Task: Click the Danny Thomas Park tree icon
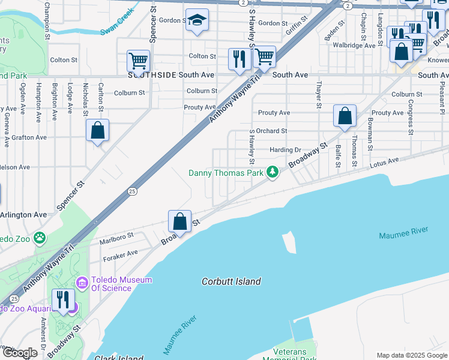point(273,173)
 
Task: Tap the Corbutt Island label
point(231,281)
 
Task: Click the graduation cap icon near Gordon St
point(197,21)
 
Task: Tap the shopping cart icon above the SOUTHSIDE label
point(138,60)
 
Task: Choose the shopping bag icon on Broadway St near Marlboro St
point(179,221)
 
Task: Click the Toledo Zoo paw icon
point(40,238)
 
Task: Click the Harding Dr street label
point(285,149)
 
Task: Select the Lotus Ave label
point(384,162)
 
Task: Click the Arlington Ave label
point(24,214)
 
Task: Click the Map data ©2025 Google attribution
point(411,355)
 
